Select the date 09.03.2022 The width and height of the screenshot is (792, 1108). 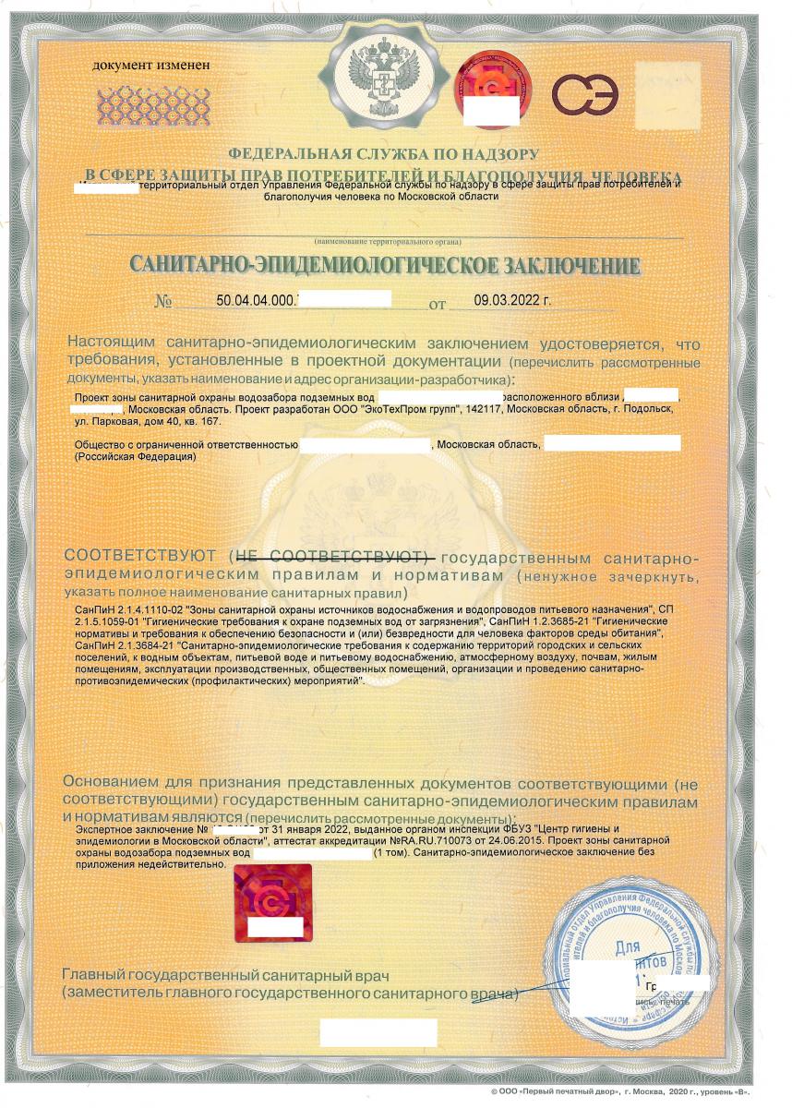pyautogui.click(x=511, y=301)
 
